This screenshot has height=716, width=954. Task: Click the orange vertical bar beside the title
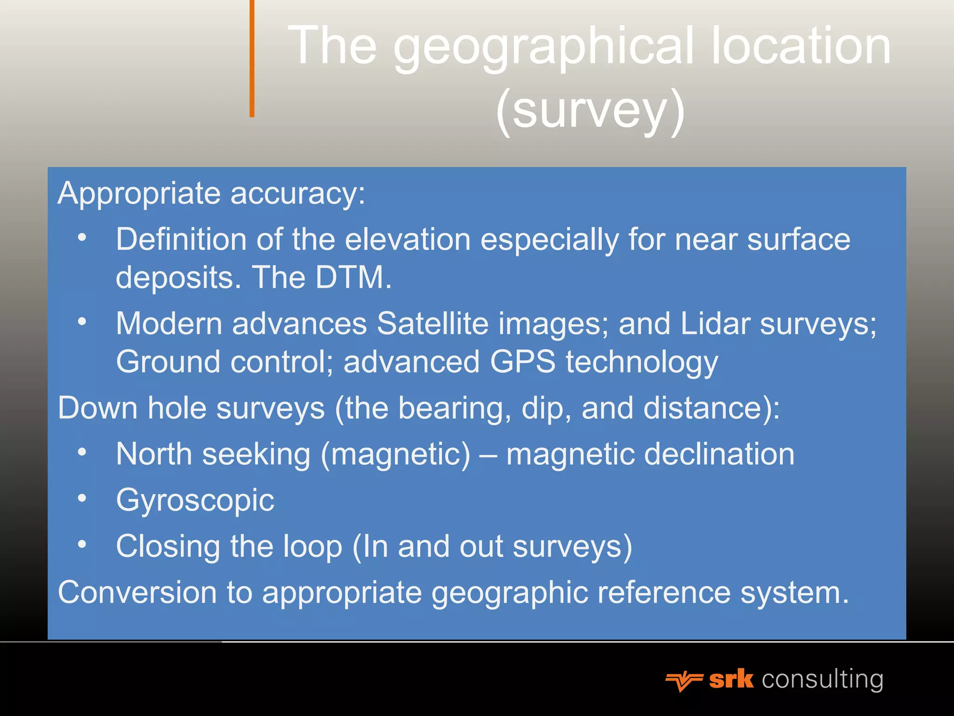[x=252, y=58]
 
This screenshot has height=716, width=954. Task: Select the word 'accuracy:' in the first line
[x=298, y=193]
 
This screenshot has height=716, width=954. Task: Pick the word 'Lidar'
[x=715, y=323]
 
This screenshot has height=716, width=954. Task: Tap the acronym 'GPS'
[x=523, y=362]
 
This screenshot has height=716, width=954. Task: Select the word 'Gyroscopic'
[x=195, y=500]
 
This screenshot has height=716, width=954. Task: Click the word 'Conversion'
[x=137, y=592]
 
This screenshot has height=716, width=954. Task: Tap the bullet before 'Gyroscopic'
[x=82, y=498]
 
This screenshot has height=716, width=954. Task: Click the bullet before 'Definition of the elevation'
[x=82, y=237]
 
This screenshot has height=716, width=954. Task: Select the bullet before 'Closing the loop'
[x=82, y=544]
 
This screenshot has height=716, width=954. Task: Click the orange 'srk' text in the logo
[x=731, y=679]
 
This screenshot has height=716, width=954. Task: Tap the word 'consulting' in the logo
[x=823, y=679]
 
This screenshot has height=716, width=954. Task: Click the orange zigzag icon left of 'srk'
[x=683, y=681]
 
